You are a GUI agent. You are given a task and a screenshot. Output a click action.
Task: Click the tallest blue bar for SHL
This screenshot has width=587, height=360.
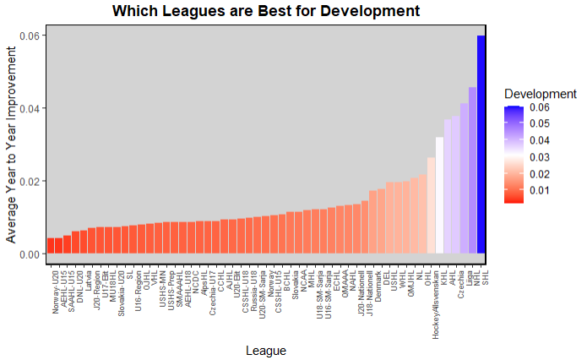click(x=481, y=145)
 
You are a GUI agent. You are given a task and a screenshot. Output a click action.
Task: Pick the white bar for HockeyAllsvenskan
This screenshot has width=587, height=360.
click(x=439, y=195)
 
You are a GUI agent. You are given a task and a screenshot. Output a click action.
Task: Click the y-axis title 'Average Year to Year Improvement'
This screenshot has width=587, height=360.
click(x=13, y=145)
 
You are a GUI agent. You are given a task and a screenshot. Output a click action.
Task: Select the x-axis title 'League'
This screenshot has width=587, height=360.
click(x=265, y=350)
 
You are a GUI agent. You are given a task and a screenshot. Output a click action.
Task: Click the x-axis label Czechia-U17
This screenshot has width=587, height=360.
click(x=213, y=292)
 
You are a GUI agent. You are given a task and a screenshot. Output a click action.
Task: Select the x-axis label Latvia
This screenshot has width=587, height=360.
click(x=89, y=278)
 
